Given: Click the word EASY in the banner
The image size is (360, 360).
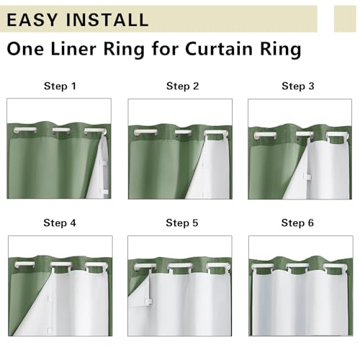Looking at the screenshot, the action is (x=32, y=19).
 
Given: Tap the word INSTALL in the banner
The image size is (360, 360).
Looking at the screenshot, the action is (x=107, y=19).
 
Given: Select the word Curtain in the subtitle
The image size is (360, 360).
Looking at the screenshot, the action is (x=218, y=49).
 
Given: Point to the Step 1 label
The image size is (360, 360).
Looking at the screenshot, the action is (x=60, y=86).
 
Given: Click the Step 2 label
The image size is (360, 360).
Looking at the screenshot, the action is (x=182, y=86).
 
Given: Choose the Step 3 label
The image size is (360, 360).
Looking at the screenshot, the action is (x=298, y=86).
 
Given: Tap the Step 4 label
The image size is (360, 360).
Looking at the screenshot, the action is (x=60, y=222).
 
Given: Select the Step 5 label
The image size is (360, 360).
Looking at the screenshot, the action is (x=182, y=222).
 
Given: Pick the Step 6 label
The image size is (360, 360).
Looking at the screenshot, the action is (x=297, y=222).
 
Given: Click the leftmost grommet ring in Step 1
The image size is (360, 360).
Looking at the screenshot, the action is (x=25, y=130).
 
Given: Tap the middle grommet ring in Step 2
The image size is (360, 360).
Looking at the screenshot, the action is (x=183, y=132).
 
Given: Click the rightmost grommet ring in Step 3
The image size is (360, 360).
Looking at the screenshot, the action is (x=338, y=135).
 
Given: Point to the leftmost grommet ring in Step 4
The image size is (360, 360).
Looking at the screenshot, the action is (x=24, y=264).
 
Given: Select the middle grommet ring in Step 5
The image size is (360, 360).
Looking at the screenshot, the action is (x=180, y=266).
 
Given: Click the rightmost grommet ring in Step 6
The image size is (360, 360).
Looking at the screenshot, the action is (x=336, y=266).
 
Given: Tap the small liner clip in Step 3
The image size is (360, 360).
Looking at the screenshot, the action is (x=307, y=176).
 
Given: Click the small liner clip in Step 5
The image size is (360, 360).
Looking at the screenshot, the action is (x=148, y=301).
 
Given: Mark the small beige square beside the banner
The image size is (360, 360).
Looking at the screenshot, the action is (x=345, y=19).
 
